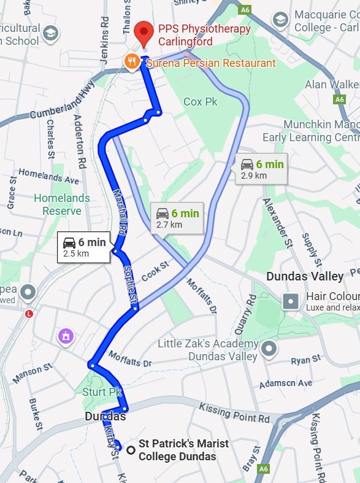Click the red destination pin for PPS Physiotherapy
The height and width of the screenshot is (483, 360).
pyautogui.click(x=144, y=31)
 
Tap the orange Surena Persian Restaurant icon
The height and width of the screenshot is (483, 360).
pyautogui.click(x=131, y=61)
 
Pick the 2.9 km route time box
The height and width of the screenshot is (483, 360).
pyautogui.click(x=262, y=169)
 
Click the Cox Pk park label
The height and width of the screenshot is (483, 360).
pyautogui.click(x=201, y=101)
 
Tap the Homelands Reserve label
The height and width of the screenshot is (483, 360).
pyautogui.click(x=62, y=204)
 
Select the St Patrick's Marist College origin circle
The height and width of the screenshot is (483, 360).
pyautogui.click(x=131, y=450)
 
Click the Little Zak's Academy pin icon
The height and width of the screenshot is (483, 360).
pyautogui.click(x=269, y=349)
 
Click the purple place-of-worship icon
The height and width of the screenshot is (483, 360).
pyautogui.click(x=66, y=336)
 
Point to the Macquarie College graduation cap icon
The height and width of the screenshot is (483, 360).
pyautogui.click(x=280, y=20)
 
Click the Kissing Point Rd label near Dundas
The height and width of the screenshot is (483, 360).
pyautogui.click(x=234, y=413)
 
